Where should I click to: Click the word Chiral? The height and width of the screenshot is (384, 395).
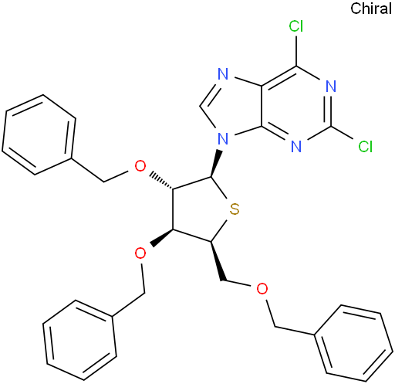click(371, 8)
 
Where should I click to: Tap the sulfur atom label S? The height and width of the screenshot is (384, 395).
click(235, 209)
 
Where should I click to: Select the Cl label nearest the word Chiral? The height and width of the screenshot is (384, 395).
click(296, 26)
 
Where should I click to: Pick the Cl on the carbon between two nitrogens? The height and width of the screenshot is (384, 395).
click(366, 146)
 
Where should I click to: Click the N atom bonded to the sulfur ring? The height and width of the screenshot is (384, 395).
click(223, 138)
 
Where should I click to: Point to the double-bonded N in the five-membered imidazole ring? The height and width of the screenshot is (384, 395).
click(223, 74)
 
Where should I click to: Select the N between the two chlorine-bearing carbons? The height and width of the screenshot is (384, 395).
click(331, 86)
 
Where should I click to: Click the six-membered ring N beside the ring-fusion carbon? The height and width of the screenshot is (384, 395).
click(296, 146)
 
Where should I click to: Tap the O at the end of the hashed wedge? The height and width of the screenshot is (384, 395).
click(140, 166)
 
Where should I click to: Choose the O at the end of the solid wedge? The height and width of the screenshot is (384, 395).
click(140, 253)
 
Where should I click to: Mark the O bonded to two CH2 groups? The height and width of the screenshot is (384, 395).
click(262, 289)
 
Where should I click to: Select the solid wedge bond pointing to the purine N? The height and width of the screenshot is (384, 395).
click(216, 163)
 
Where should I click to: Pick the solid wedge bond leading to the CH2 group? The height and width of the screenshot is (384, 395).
click(217, 261)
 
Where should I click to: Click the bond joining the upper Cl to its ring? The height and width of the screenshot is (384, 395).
click(296, 50)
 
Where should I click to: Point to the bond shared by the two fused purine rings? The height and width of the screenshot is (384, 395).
click(262, 106)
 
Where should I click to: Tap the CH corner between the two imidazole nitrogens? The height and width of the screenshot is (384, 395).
click(200, 106)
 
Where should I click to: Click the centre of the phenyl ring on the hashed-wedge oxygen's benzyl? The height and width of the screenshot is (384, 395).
click(39, 134)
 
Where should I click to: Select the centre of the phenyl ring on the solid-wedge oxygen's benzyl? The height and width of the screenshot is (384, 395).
click(79, 340)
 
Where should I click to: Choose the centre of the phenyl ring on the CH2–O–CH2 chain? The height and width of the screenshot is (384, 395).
click(354, 343)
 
